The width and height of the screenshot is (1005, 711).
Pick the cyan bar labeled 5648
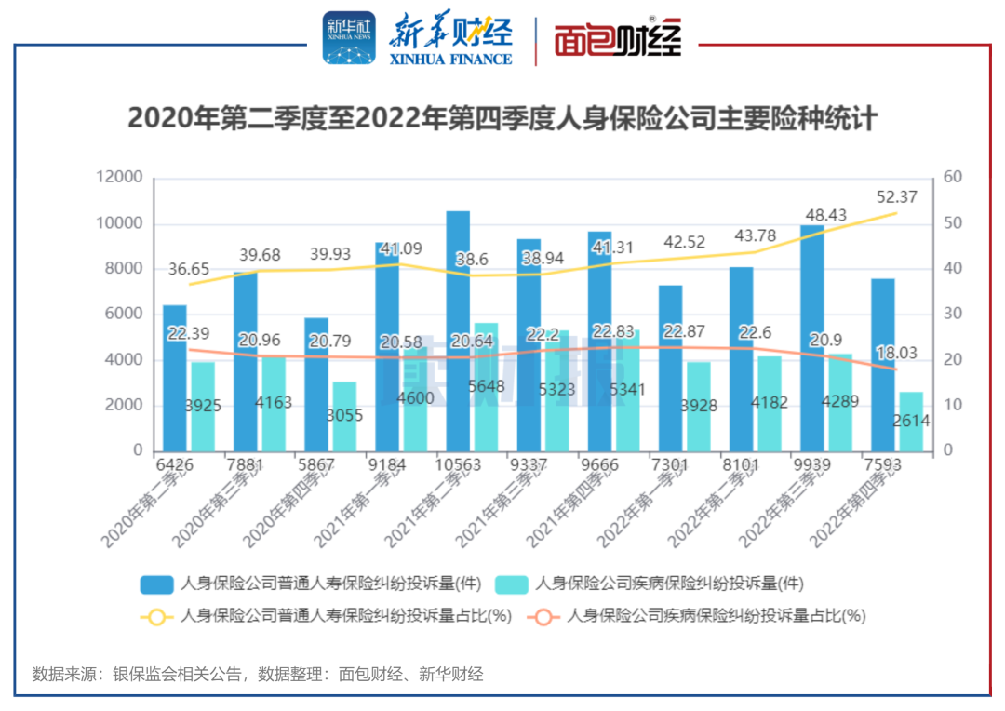pyautogui.click(x=487, y=387)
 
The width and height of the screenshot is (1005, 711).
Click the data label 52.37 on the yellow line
pyautogui.click(x=898, y=197)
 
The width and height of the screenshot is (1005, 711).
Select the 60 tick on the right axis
pyautogui.click(x=952, y=178)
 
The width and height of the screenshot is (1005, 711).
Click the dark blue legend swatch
pyautogui.click(x=156, y=584)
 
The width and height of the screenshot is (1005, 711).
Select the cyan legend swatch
pyautogui.click(x=511, y=584)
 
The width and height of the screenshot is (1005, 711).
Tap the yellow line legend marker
pyautogui.click(x=156, y=615)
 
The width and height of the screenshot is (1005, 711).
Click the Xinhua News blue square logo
pyautogui.click(x=349, y=38)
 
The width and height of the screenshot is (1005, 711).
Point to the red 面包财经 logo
pyautogui.click(x=618, y=40)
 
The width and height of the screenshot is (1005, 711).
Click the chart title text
pyautogui.click(x=502, y=119)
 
